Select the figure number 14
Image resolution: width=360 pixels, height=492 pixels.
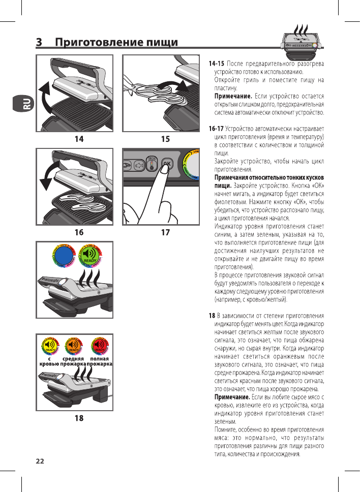(x=78, y=139)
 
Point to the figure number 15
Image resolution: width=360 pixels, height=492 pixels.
(x=165, y=139)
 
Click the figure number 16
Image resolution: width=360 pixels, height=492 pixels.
(x=78, y=233)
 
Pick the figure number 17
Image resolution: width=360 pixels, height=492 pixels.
(x=165, y=233)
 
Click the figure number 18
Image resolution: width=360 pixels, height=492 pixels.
(x=79, y=419)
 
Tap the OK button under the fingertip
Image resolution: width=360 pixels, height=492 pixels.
(x=167, y=164)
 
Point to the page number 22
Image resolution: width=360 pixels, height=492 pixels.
(x=40, y=461)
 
